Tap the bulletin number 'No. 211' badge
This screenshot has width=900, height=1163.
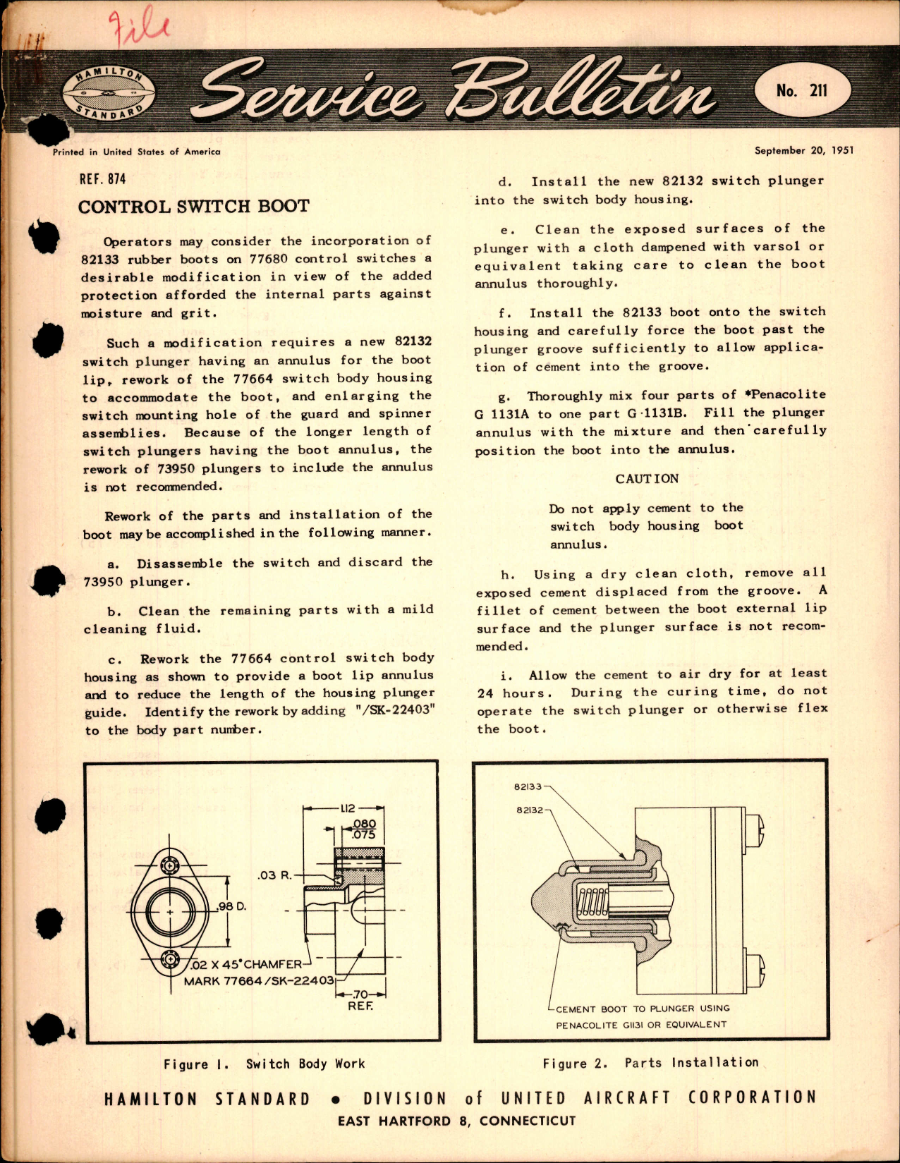tap(802, 90)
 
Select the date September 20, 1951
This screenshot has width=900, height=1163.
tap(803, 150)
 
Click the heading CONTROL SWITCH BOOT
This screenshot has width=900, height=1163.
tap(193, 207)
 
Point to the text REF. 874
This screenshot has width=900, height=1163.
tap(103, 179)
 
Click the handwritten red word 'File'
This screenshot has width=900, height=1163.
tap(140, 28)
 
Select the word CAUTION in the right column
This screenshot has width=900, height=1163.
tap(647, 478)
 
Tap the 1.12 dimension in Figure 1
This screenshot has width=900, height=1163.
tap(348, 808)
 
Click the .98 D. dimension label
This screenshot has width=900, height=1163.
tap(232, 906)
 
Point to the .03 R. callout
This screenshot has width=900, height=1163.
tap(274, 875)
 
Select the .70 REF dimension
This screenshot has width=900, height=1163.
tap(360, 999)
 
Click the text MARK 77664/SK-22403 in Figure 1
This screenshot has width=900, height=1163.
tap(259, 981)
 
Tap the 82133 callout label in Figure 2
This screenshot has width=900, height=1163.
tap(528, 786)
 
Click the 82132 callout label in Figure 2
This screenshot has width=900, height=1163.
tap(529, 810)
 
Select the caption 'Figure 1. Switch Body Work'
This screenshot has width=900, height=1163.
tap(264, 1064)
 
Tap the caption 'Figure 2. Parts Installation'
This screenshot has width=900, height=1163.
tap(650, 1063)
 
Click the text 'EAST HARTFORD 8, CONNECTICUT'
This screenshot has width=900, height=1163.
tap(456, 1121)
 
